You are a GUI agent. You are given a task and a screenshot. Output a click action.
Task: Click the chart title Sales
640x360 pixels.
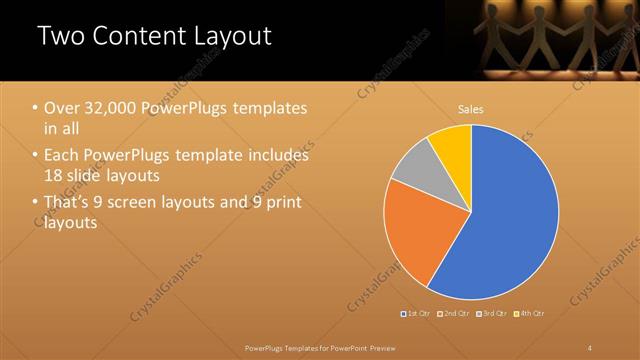pos(471,108)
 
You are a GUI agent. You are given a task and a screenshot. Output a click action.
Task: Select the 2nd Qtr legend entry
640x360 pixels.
pos(455,314)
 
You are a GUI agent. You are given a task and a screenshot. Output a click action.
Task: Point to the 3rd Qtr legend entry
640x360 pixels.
pos(492,314)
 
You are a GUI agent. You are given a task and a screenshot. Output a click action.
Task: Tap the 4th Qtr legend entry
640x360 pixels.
pos(530,314)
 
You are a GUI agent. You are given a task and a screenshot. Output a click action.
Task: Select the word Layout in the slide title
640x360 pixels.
pos(232,36)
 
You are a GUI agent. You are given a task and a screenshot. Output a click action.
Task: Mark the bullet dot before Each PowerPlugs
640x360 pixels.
pos(35,156)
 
